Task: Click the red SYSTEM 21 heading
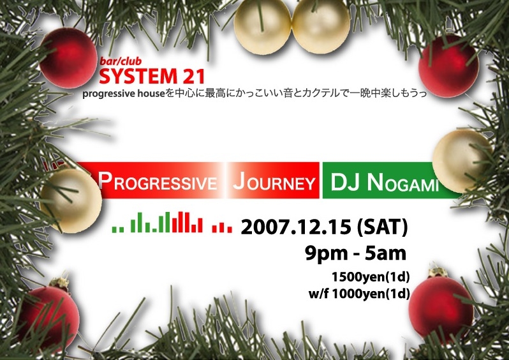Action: (152, 76)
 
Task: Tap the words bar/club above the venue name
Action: (121, 61)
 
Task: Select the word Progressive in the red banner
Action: (158, 181)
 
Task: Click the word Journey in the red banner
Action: (274, 181)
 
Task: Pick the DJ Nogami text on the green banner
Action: (385, 183)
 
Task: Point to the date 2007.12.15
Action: (296, 227)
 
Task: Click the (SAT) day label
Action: (382, 227)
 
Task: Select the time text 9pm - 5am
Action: (355, 253)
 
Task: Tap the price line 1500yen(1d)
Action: (371, 277)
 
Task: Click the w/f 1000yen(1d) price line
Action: (359, 294)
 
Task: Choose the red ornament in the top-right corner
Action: (448, 66)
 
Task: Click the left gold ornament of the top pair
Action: (263, 27)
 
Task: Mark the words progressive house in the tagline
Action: (124, 94)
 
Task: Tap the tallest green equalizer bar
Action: (167, 222)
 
